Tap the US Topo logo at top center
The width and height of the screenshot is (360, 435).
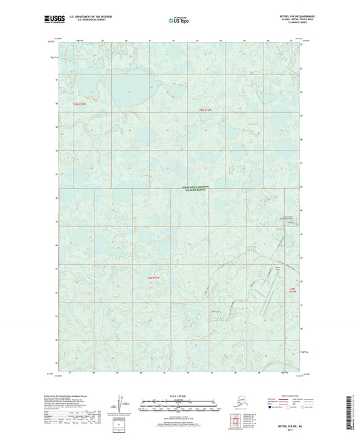tap(179, 21)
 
